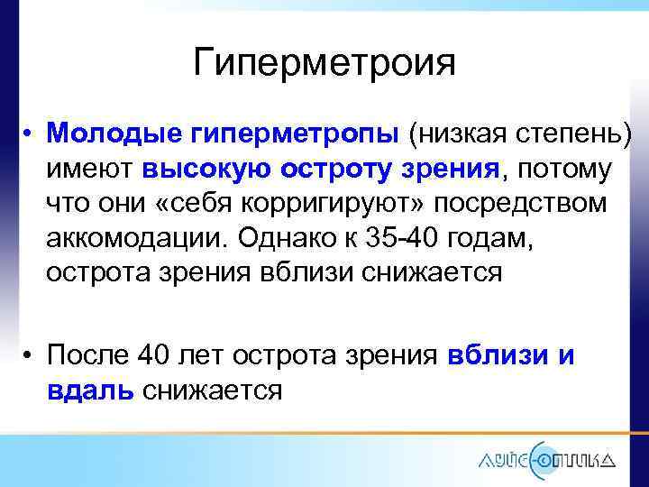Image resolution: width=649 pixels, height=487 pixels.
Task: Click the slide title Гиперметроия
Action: pyautogui.click(x=324, y=62)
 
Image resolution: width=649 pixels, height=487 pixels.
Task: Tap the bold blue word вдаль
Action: pyautogui.click(x=90, y=391)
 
